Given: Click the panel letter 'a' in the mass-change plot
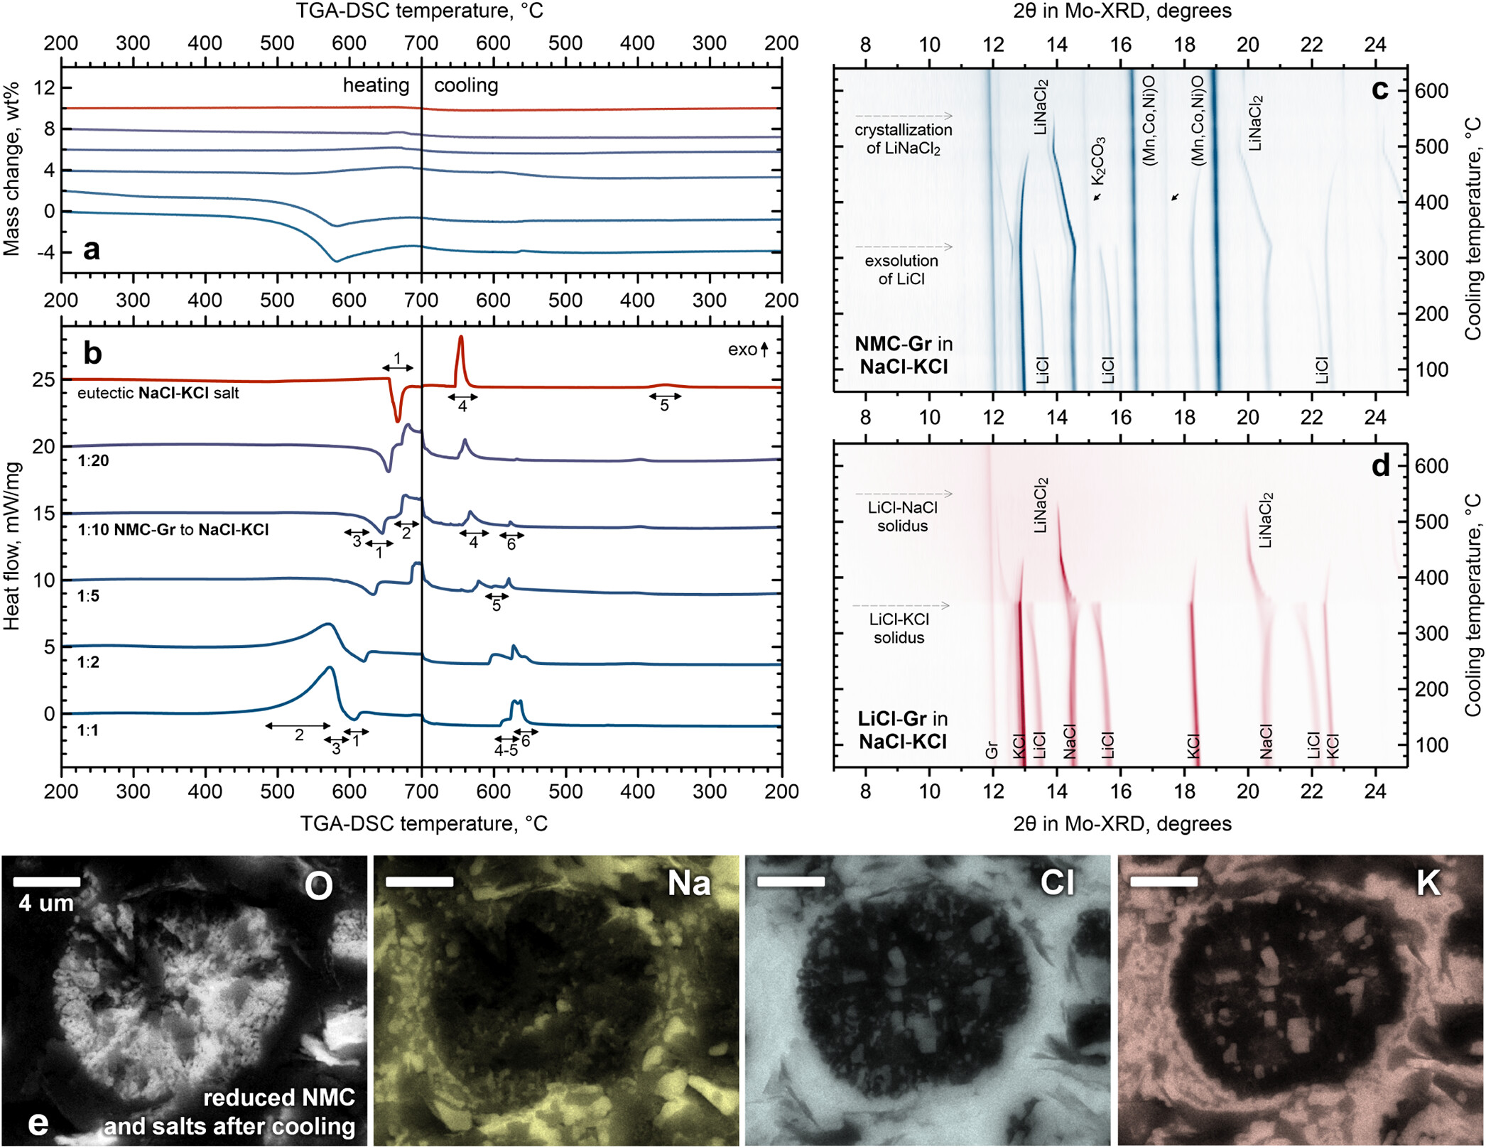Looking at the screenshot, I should (x=92, y=250).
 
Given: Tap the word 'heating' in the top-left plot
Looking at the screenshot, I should (x=376, y=85).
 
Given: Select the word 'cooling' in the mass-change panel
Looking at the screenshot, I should (x=466, y=85).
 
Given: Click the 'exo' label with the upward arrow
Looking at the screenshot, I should (x=748, y=350).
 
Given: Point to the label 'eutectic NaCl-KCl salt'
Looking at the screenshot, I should (x=158, y=394).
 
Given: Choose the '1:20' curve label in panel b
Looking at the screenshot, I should (x=94, y=461).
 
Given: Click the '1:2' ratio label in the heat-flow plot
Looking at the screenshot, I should (x=89, y=662).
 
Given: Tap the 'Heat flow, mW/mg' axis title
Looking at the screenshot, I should (x=12, y=546).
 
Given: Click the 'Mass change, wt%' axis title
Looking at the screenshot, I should (x=12, y=169).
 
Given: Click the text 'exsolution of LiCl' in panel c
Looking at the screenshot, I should (x=901, y=270).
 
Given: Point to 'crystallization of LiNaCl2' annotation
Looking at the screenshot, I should (x=903, y=139).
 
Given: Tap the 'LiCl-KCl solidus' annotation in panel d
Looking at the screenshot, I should (x=899, y=629).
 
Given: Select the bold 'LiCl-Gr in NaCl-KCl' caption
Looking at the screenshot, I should (x=903, y=730).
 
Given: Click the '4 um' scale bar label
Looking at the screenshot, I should (x=47, y=904).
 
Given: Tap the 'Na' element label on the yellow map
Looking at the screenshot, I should (x=689, y=884).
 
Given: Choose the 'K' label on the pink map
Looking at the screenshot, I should (x=1428, y=883).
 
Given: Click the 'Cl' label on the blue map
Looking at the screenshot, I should (x=1057, y=883).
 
